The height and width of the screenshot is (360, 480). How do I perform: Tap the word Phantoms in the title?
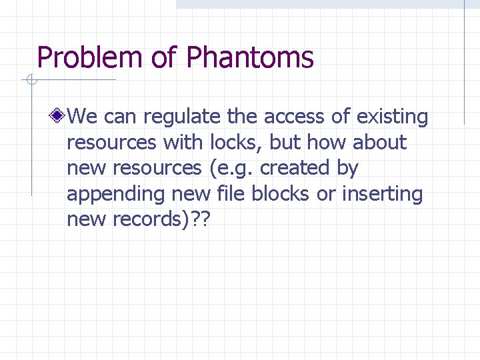click(250, 58)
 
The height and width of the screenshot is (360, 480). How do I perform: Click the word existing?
click(392, 117)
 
